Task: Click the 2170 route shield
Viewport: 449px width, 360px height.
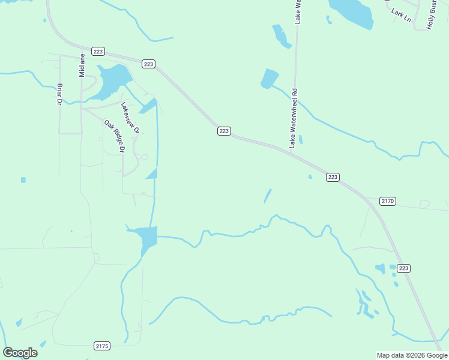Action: (388, 201)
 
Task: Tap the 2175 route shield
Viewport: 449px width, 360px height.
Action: (102, 346)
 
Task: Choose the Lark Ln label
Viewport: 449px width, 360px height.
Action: (400, 15)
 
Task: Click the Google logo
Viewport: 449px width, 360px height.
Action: (20, 353)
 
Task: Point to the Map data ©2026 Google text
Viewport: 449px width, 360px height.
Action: (412, 355)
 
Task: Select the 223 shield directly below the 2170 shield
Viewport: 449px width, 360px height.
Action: (403, 268)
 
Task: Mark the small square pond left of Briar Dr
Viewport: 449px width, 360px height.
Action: (23, 180)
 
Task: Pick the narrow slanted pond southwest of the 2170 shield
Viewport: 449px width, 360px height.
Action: (268, 196)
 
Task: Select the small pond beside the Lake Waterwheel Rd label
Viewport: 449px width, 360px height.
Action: (301, 140)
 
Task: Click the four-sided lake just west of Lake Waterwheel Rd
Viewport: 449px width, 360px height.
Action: (270, 79)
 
